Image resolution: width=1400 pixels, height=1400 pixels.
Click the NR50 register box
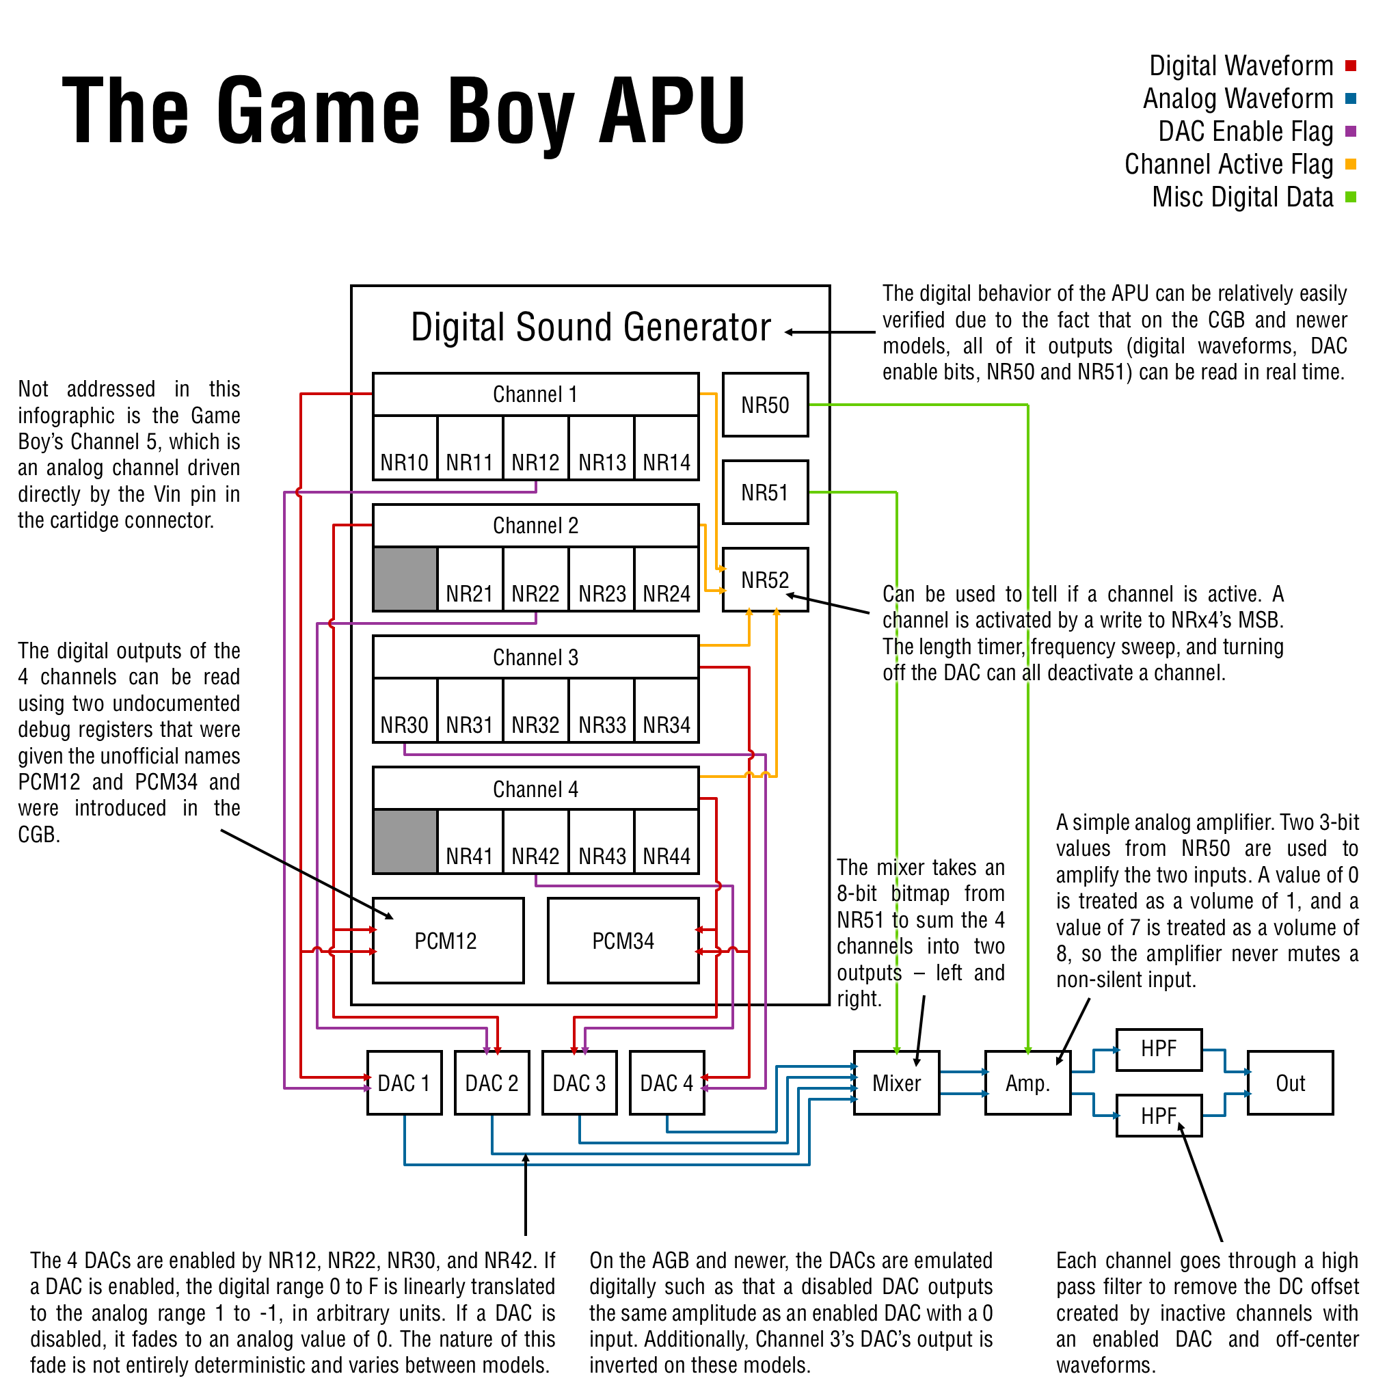[765, 405]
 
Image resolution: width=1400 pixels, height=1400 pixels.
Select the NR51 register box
[765, 492]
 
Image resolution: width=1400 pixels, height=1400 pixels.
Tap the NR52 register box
[765, 579]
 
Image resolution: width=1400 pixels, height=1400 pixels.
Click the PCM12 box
[448, 940]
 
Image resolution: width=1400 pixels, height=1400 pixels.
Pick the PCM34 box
[623, 940]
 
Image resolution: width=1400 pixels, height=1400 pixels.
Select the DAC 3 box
[579, 1083]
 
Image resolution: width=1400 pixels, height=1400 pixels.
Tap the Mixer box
[896, 1083]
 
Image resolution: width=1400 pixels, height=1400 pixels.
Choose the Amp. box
[1027, 1083]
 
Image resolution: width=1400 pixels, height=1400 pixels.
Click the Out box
[1290, 1083]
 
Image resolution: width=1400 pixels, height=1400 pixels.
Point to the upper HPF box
[1159, 1049]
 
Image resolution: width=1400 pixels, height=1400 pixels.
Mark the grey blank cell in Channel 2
[405, 579]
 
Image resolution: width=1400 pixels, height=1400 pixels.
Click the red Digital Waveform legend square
[1351, 66]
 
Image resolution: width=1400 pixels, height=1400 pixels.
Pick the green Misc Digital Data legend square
[1351, 197]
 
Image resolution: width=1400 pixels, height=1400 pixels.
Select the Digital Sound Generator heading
[591, 327]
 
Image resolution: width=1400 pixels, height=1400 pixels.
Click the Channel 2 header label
[535, 526]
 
